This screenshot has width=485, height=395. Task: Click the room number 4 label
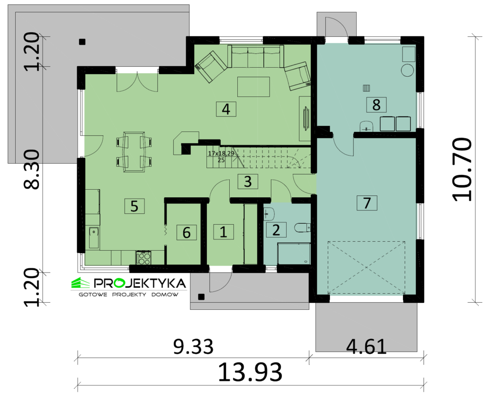click(x=226, y=109)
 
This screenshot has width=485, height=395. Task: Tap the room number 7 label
click(x=367, y=203)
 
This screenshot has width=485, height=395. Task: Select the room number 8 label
click(x=376, y=105)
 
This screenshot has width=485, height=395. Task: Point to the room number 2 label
click(x=276, y=230)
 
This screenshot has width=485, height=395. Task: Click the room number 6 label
click(x=187, y=233)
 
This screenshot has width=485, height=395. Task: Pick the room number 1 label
click(x=224, y=232)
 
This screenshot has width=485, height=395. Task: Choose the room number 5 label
click(x=135, y=206)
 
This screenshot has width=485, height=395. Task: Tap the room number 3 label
click(x=248, y=182)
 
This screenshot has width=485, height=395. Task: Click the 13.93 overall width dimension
click(x=250, y=372)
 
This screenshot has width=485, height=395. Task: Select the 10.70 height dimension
click(x=462, y=169)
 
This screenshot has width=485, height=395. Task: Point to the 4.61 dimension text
click(x=366, y=347)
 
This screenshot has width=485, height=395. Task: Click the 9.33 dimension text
click(x=193, y=347)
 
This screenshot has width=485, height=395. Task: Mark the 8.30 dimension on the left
click(x=32, y=169)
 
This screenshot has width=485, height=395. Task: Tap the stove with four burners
click(x=143, y=258)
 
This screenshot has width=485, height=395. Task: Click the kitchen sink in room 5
click(x=94, y=238)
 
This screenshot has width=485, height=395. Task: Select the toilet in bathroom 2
click(x=302, y=228)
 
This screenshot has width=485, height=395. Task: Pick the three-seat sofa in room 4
click(x=255, y=56)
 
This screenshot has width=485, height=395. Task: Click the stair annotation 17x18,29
click(x=221, y=153)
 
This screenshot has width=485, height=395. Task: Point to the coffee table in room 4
click(x=254, y=87)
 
